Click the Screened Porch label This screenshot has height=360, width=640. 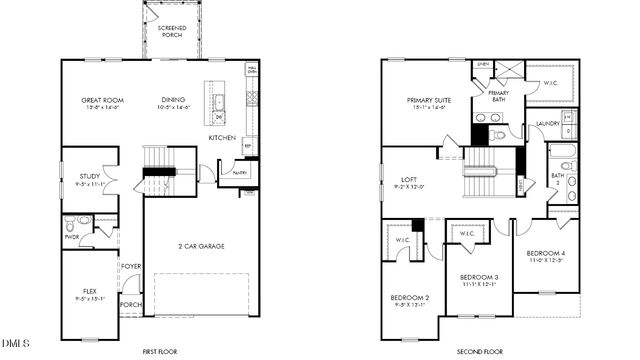click(172, 30)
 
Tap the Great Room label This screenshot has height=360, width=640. click(101, 100)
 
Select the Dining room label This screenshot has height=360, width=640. click(173, 100)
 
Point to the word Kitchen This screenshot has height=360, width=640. click(222, 137)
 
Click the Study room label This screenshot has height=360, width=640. click(89, 176)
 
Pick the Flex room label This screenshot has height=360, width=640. click(89, 291)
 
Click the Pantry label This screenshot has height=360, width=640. click(240, 173)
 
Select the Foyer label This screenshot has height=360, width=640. click(131, 266)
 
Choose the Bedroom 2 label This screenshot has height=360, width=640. click(410, 299)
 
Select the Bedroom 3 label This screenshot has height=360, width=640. click(479, 276)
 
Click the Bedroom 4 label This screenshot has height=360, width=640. click(546, 254)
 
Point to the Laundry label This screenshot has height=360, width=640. click(548, 124)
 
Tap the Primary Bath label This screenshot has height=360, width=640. click(498, 96)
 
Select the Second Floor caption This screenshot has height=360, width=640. click(481, 351)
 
